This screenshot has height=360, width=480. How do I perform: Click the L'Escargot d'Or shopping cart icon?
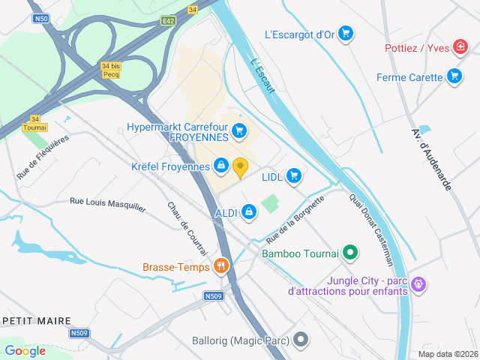[345, 33]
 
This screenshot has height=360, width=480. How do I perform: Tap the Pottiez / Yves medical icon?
[460, 48]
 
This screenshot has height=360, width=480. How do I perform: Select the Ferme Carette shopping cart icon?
[454, 76]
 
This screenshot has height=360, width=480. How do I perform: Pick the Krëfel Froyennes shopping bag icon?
[221, 165]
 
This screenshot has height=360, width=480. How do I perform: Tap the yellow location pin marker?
[240, 167]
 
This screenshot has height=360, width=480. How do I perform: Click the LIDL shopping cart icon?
[293, 176]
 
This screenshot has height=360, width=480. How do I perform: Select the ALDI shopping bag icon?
[249, 213]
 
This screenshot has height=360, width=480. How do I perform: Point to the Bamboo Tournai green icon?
[349, 253]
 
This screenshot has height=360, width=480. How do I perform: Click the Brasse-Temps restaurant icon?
[220, 265]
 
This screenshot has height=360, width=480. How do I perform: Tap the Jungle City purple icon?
[418, 284]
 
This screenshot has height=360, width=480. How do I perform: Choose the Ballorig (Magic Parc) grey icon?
[301, 340]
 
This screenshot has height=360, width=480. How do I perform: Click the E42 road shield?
[168, 22]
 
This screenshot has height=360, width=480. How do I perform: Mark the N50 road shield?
[41, 18]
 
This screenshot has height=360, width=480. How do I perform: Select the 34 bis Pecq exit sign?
[110, 70]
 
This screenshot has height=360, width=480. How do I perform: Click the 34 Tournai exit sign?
[34, 123]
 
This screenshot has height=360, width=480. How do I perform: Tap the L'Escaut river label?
[263, 76]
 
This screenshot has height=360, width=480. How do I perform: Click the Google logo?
[25, 350]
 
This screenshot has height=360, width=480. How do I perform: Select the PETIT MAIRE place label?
[34, 319]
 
